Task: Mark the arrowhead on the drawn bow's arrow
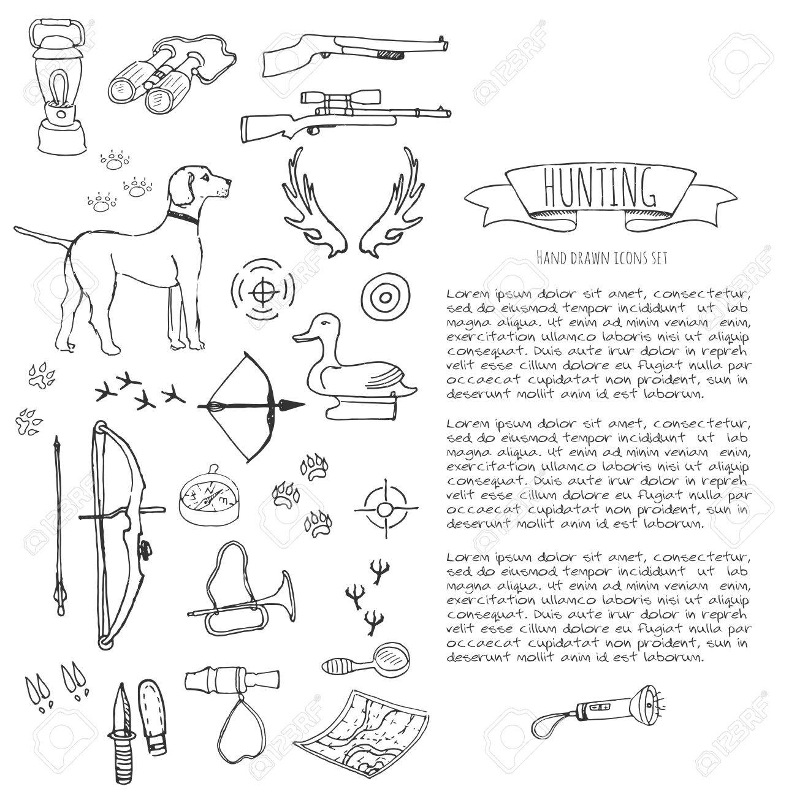point(294,404)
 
